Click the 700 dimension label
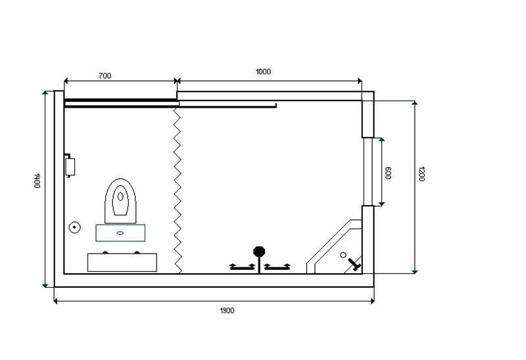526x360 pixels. (x=105, y=76)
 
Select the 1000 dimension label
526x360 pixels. (x=264, y=72)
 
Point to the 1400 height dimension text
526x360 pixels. (x=37, y=181)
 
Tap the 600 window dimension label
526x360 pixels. (x=388, y=173)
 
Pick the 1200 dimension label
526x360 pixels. (x=421, y=173)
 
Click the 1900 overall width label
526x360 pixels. (x=227, y=311)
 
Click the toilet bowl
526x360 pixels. (x=120, y=201)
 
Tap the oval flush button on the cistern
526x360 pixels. (x=120, y=233)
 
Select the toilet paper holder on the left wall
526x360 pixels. (x=70, y=166)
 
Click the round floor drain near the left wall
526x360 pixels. (x=74, y=227)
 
